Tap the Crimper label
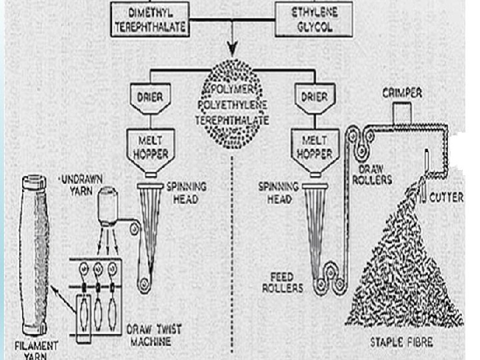(x=401, y=94)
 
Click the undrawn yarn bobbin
(x=106, y=203)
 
